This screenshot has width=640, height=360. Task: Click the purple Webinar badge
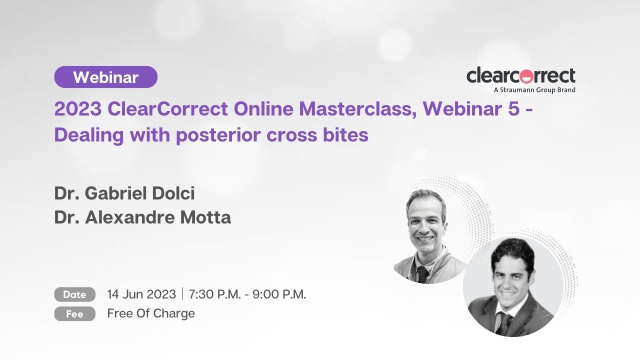click(105, 77)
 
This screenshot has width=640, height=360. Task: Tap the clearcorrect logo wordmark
click(521, 75)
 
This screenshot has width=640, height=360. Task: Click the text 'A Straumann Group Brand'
click(534, 90)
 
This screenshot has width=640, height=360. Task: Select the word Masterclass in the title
click(357, 109)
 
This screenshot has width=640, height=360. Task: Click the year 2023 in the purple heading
click(78, 109)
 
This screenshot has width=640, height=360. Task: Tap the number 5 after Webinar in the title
click(513, 109)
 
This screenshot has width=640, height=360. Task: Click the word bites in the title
click(345, 134)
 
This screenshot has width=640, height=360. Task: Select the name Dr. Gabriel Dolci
click(124, 193)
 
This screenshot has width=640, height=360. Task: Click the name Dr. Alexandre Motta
click(142, 217)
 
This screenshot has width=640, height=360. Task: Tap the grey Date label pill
click(75, 294)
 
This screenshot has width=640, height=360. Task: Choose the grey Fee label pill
click(75, 313)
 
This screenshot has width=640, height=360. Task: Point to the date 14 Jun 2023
click(141, 294)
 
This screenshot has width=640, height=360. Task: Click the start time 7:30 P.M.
click(215, 294)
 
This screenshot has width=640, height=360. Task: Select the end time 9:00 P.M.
click(279, 294)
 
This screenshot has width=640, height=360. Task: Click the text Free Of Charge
click(151, 313)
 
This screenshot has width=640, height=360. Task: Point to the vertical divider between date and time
click(182, 294)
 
